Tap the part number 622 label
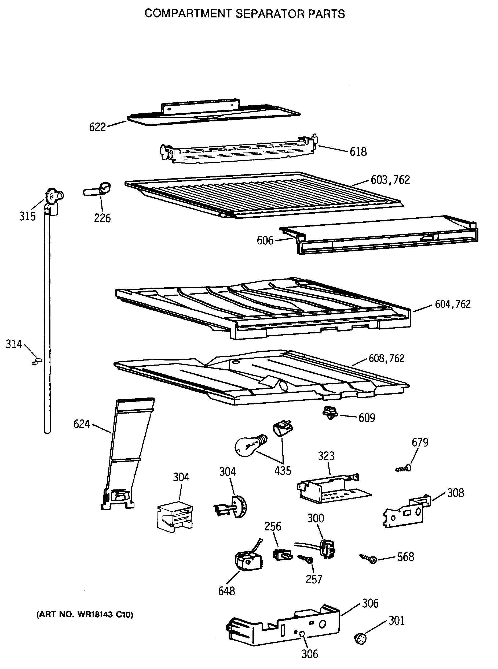click(x=97, y=127)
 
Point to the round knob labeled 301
click(x=360, y=638)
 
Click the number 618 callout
click(x=358, y=152)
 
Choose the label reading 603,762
click(x=390, y=180)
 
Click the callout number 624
click(x=82, y=424)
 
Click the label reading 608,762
click(x=386, y=359)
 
